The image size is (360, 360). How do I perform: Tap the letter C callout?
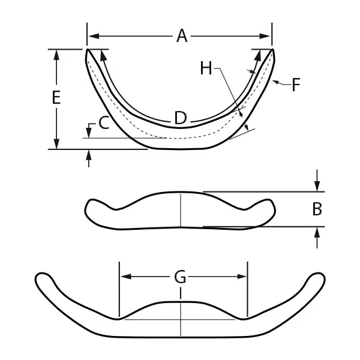coord(103,124)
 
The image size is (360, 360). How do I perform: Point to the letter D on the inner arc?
coord(180,118)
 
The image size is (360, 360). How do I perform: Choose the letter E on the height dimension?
coord(56,98)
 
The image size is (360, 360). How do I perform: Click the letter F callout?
coord(295,85)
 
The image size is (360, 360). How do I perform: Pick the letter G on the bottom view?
coord(180,277)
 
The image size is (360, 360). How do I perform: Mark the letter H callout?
coord(206,69)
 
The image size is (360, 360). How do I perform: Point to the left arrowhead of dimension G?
coord(124,277)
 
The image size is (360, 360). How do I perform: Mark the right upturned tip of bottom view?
coord(318,278)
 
